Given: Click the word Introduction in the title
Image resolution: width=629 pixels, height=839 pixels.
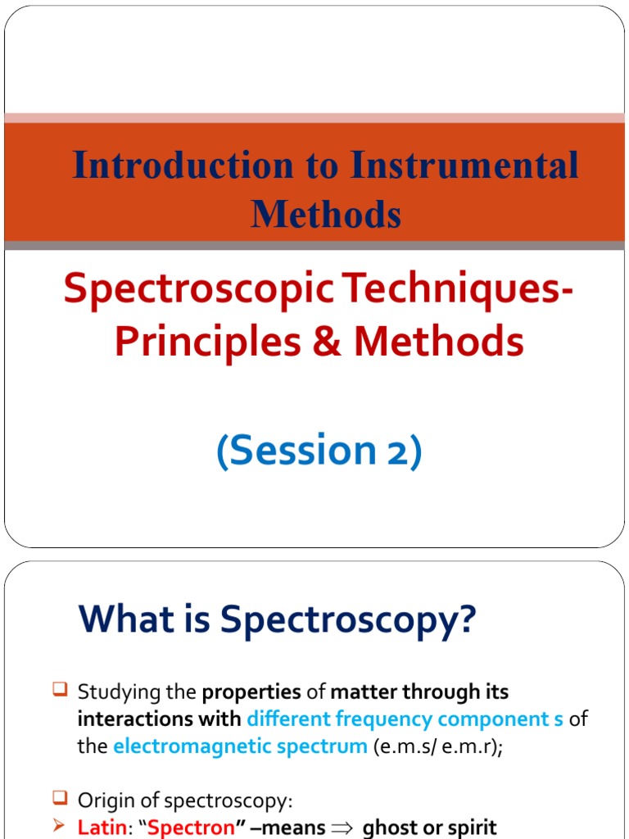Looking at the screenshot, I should pos(182,166).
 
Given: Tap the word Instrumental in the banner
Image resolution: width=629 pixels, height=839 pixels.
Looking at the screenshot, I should pos(464,166).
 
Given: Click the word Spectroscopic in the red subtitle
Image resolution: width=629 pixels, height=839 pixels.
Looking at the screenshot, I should pos(197,292).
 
